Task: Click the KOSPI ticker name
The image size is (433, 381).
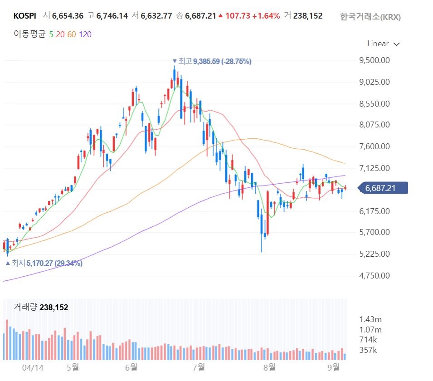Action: click(x=24, y=16)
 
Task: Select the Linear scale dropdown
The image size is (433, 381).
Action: click(x=383, y=44)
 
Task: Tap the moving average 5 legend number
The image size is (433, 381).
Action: click(x=51, y=34)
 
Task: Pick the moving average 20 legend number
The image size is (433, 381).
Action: click(x=60, y=34)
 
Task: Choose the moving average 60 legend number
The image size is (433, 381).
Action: click(x=72, y=34)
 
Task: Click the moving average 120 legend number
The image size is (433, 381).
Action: click(x=85, y=34)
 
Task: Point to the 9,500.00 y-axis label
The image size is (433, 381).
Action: click(x=375, y=60)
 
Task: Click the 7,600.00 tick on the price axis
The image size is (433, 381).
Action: click(x=375, y=146)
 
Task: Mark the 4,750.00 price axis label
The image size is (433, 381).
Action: click(x=375, y=275)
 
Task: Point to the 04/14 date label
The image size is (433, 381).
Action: click(x=33, y=368)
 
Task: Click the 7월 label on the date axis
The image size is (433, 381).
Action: click(x=199, y=367)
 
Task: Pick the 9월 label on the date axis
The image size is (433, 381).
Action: click(x=334, y=367)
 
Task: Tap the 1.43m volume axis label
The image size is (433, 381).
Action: click(x=370, y=319)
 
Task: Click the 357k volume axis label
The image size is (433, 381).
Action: click(x=368, y=350)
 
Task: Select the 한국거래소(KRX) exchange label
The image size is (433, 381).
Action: click(x=370, y=17)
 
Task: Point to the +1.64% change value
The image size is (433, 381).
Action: click(x=266, y=16)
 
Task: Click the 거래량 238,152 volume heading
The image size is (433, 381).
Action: click(x=41, y=307)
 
